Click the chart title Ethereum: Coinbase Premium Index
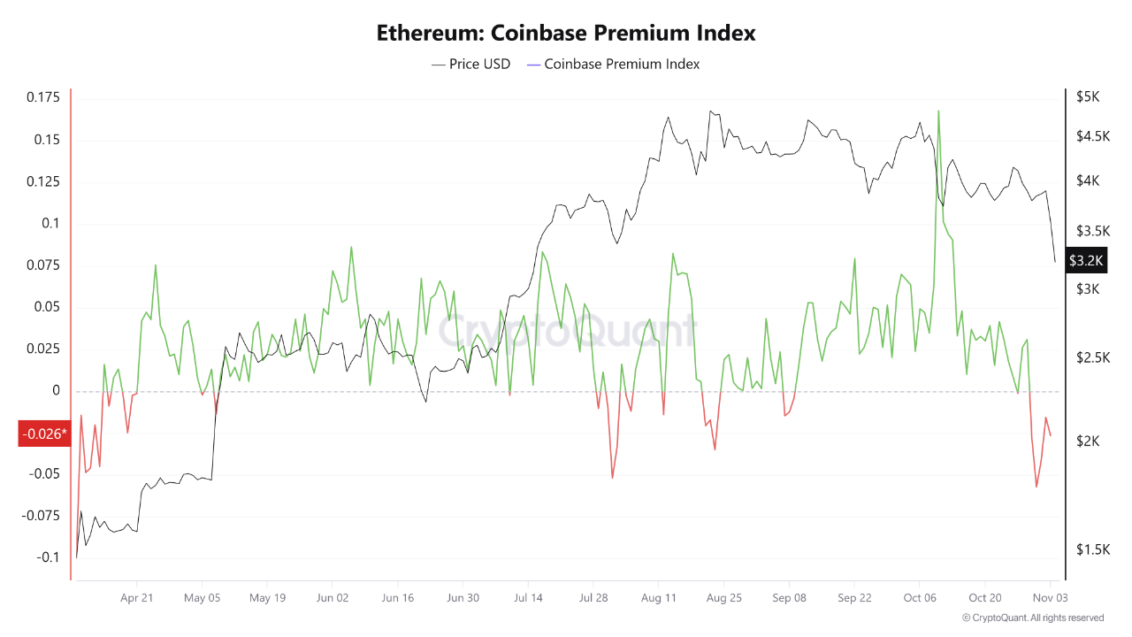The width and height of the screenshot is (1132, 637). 566,34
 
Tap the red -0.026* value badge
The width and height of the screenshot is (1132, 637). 44,434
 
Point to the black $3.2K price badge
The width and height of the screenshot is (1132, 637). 1086,260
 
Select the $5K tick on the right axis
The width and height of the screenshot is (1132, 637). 1087,96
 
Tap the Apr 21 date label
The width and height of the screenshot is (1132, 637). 137,598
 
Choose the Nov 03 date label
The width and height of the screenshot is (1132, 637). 1050,598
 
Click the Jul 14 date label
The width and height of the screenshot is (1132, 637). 528,598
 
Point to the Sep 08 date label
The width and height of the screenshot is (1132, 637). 789,598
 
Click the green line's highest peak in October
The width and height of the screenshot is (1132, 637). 938,111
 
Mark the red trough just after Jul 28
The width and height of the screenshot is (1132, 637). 612,478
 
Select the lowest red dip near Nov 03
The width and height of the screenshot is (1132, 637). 1036,486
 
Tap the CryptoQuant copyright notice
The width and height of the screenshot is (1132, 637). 1033,618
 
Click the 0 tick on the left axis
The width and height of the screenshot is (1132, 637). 57,391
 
